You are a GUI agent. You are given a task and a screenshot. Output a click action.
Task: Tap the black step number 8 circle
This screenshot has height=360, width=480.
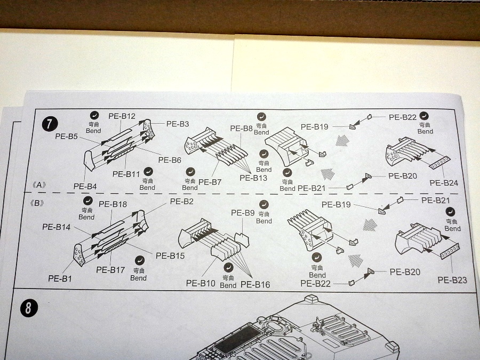coord(28,308)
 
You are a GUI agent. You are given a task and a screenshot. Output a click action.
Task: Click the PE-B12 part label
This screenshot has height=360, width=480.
coord(122,116)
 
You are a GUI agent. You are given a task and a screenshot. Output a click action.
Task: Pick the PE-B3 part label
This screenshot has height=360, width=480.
coord(178,124)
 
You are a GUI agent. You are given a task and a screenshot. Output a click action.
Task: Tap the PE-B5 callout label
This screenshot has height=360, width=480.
coord(67,137)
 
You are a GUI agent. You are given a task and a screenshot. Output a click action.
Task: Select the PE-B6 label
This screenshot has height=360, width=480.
coord(170,160)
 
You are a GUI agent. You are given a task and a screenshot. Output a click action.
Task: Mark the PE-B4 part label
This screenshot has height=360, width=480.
coord(85,186)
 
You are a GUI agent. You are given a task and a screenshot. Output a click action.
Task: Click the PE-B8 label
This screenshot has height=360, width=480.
coord(241,129)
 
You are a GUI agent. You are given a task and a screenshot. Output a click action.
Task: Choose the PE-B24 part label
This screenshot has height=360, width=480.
coord(443,183)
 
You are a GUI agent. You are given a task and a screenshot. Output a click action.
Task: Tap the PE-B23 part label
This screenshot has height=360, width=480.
coord(452,280)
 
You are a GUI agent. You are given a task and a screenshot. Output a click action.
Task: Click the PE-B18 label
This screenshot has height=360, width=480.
coord(113,204)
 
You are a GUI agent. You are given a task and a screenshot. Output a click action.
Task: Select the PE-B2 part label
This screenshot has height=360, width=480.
coord(182,201)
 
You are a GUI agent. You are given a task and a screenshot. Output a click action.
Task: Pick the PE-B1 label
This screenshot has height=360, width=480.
coord(60,278)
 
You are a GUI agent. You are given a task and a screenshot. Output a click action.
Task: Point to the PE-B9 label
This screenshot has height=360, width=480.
coord(243,213)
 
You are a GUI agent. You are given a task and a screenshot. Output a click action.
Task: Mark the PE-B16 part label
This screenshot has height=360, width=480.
coord(255,284)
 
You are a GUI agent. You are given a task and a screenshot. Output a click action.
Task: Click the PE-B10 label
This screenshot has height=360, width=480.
coord(201,283)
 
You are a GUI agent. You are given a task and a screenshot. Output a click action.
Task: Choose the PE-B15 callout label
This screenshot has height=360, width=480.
coord(170,255)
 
